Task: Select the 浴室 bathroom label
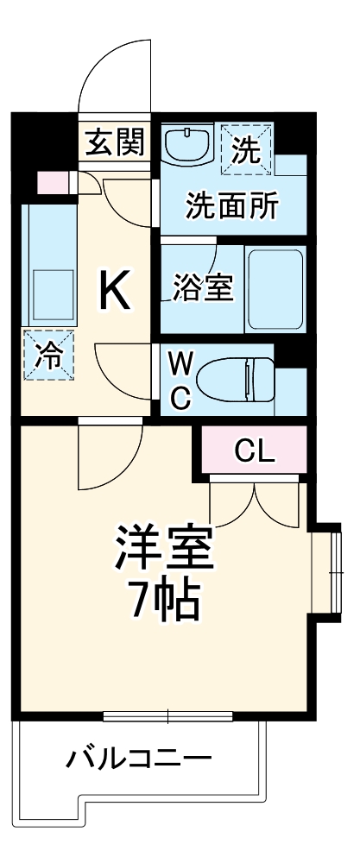tap(203, 289)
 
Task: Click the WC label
tap(180, 380)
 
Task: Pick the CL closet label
tap(255, 450)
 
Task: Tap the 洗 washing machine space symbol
tap(246, 148)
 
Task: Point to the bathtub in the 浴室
tap(275, 289)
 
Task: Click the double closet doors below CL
tap(256, 501)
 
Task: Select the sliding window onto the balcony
tap(167, 715)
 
